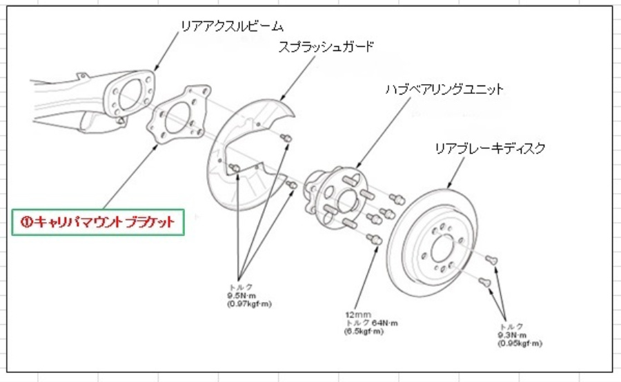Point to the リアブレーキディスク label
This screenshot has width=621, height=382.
[490, 148]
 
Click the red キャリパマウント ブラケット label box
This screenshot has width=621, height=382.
[99, 223]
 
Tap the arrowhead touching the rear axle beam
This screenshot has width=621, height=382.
[156, 70]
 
